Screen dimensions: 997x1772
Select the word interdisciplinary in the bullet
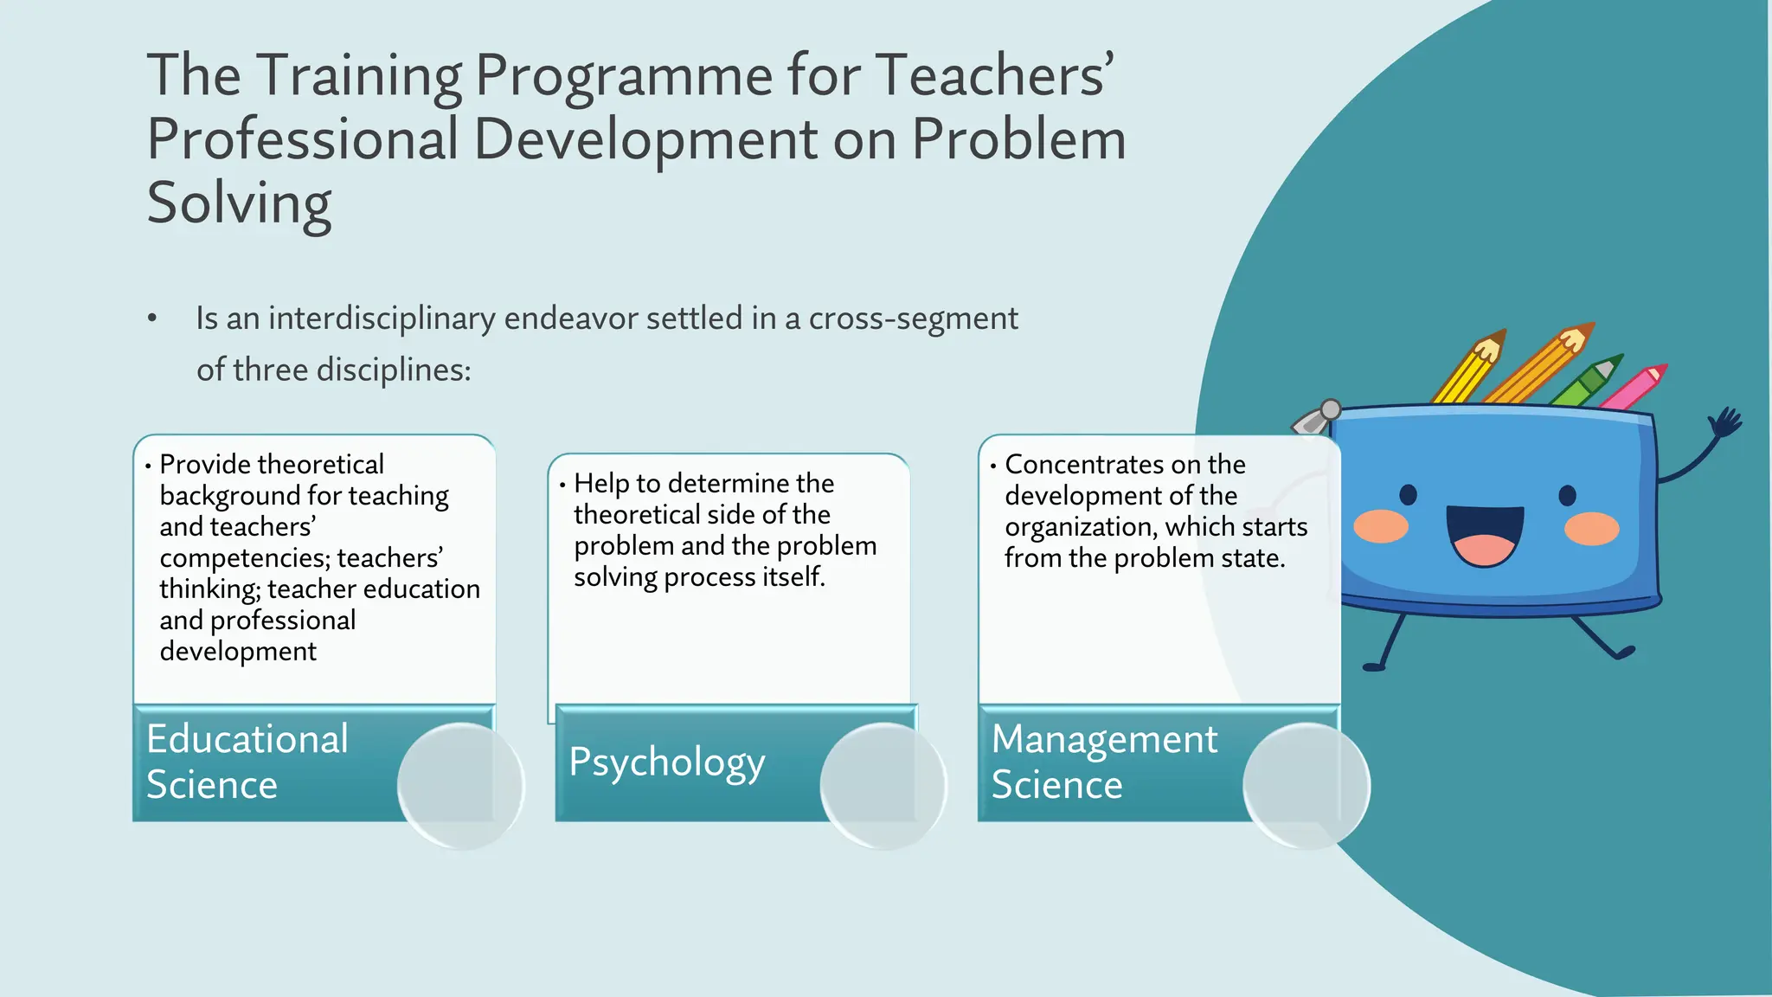pyautogui.click(x=382, y=318)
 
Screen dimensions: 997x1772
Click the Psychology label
pyautogui.click(x=666, y=762)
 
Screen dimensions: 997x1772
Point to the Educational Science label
pyautogui.click(x=247, y=762)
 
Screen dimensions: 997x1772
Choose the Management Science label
pyautogui.click(x=1103, y=762)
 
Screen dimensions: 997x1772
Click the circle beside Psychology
pyautogui.click(x=883, y=785)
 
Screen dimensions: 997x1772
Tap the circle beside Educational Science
pyautogui.click(x=460, y=785)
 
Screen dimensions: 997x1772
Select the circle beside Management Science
pyautogui.click(x=1306, y=785)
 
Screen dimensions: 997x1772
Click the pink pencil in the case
pyautogui.click(x=1634, y=388)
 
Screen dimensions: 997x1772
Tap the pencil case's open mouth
pyautogui.click(x=1484, y=534)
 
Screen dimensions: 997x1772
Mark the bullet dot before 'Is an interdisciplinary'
pyautogui.click(x=152, y=318)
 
